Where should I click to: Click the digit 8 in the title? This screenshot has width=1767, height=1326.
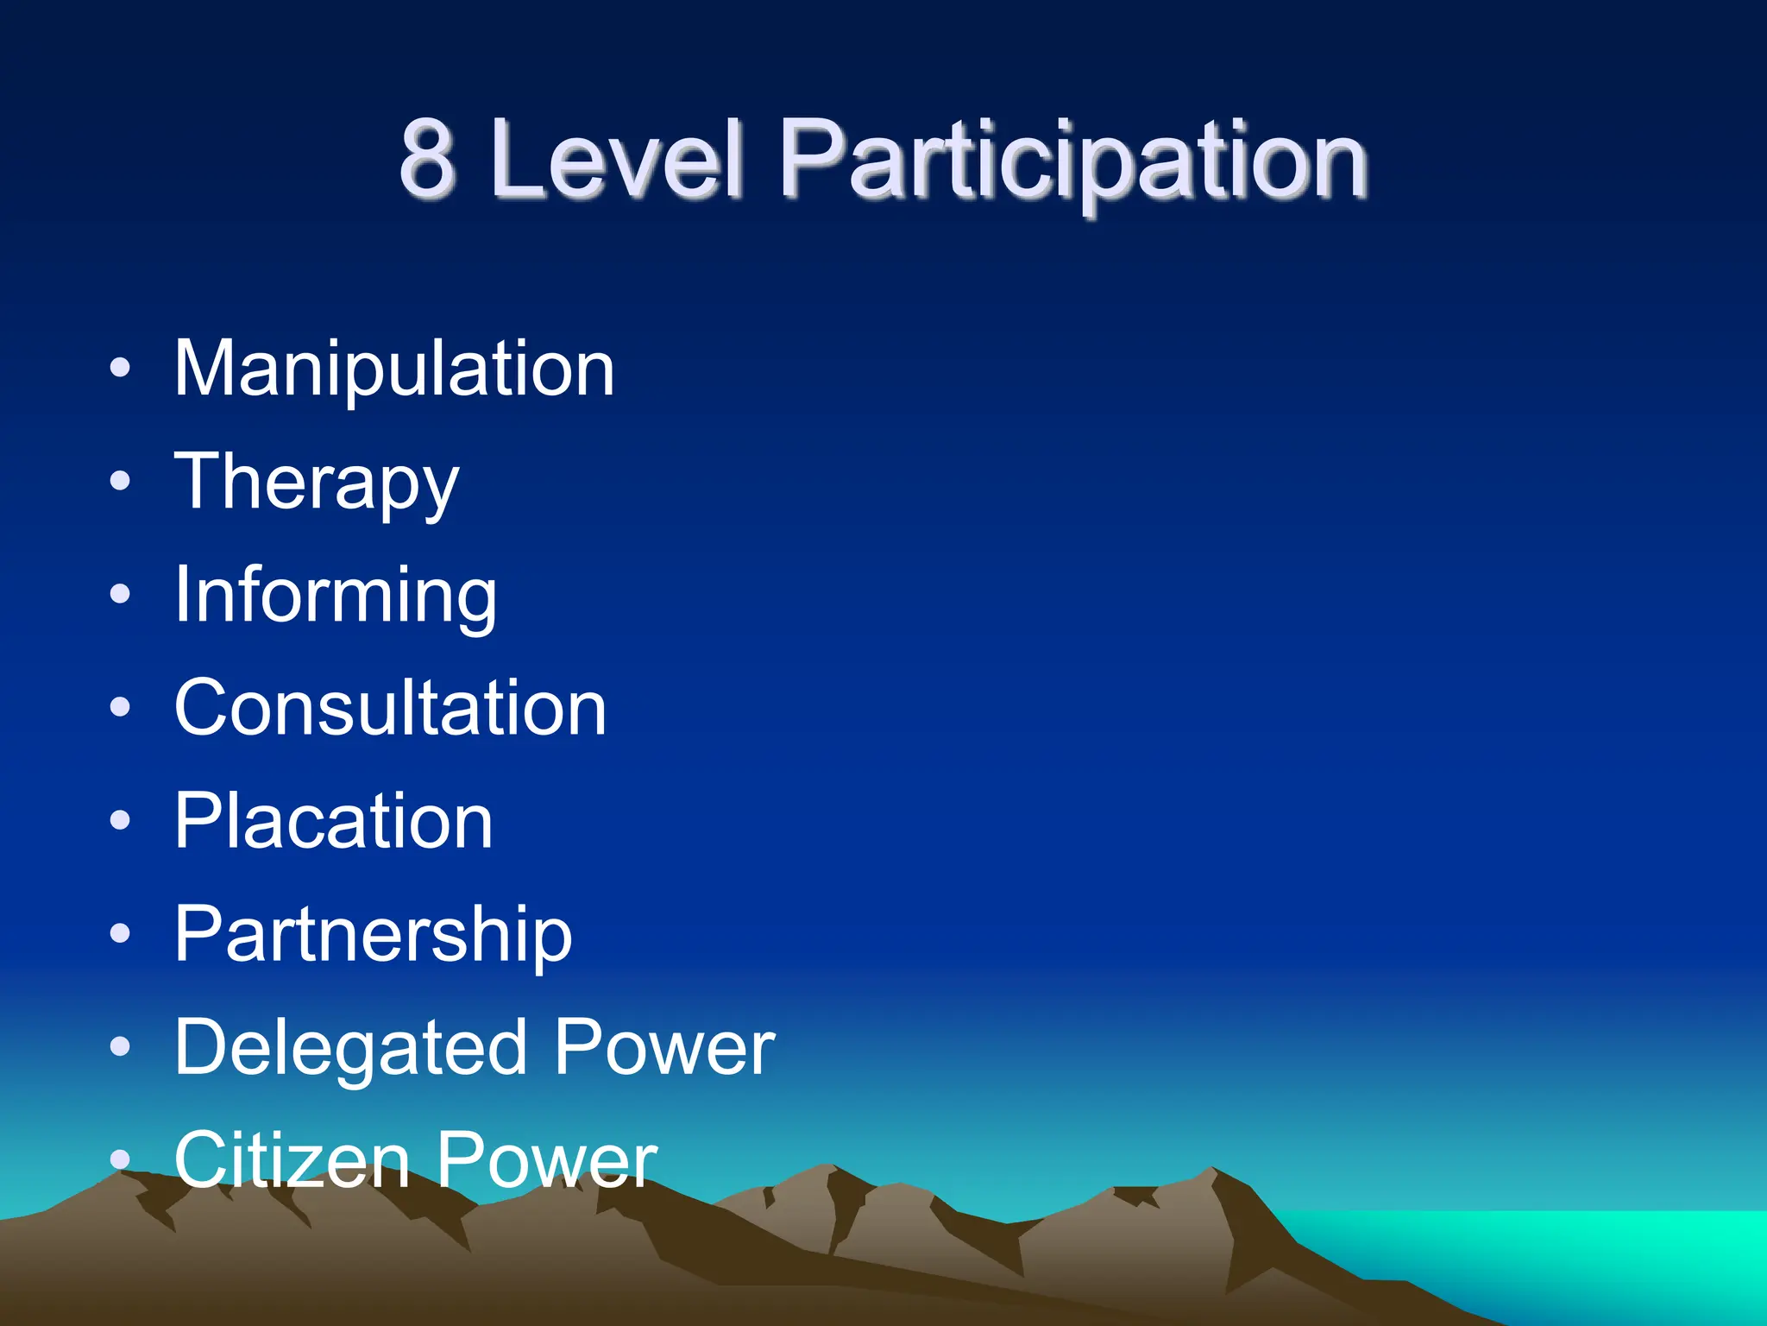(x=427, y=160)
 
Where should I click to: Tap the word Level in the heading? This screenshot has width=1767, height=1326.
(x=617, y=160)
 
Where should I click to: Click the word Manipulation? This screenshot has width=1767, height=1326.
(x=394, y=369)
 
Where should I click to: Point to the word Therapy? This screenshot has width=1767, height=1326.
(x=317, y=483)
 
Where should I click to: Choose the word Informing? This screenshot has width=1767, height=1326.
(x=336, y=597)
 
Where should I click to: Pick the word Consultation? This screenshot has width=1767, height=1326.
(x=391, y=708)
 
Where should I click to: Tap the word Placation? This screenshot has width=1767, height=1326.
(x=334, y=821)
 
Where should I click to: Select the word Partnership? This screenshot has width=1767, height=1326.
(x=374, y=935)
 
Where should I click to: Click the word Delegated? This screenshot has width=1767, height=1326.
(x=349, y=1049)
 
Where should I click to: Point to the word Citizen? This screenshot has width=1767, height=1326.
(x=292, y=1160)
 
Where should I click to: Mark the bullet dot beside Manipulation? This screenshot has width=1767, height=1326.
(x=121, y=369)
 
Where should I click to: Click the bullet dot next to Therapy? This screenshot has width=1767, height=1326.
(x=121, y=482)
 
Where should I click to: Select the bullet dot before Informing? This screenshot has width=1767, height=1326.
(x=121, y=595)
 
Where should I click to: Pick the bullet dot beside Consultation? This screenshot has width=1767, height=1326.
(x=121, y=708)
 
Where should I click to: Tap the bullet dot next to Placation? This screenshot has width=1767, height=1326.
(x=121, y=821)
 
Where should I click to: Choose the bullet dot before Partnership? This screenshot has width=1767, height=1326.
(x=121, y=934)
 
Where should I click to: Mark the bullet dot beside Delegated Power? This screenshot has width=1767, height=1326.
(x=121, y=1047)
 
